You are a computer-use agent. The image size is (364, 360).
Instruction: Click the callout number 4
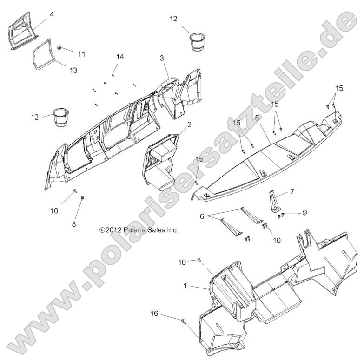(x=52, y=14)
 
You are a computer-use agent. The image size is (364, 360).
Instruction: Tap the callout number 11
(x=81, y=54)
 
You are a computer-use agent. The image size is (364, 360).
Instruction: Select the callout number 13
(x=73, y=70)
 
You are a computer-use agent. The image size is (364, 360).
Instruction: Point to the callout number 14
(x=120, y=57)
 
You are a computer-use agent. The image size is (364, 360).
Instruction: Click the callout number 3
(x=162, y=58)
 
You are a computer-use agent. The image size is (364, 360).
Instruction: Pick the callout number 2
(x=189, y=124)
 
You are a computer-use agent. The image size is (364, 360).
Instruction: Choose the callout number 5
(x=257, y=118)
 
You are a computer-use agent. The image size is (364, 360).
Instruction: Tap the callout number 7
(x=292, y=191)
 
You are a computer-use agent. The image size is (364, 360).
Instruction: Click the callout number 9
(x=305, y=212)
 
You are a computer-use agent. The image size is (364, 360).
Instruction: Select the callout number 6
(x=202, y=216)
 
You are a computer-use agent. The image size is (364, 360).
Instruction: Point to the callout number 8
(x=74, y=224)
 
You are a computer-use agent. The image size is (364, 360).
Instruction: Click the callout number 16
(x=154, y=314)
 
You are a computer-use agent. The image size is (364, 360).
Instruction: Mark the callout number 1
(x=185, y=286)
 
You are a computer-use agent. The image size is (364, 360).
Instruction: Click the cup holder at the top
(x=198, y=41)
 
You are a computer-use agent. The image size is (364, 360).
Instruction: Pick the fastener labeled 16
(x=184, y=321)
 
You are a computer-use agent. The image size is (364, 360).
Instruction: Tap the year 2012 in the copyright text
(x=113, y=230)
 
